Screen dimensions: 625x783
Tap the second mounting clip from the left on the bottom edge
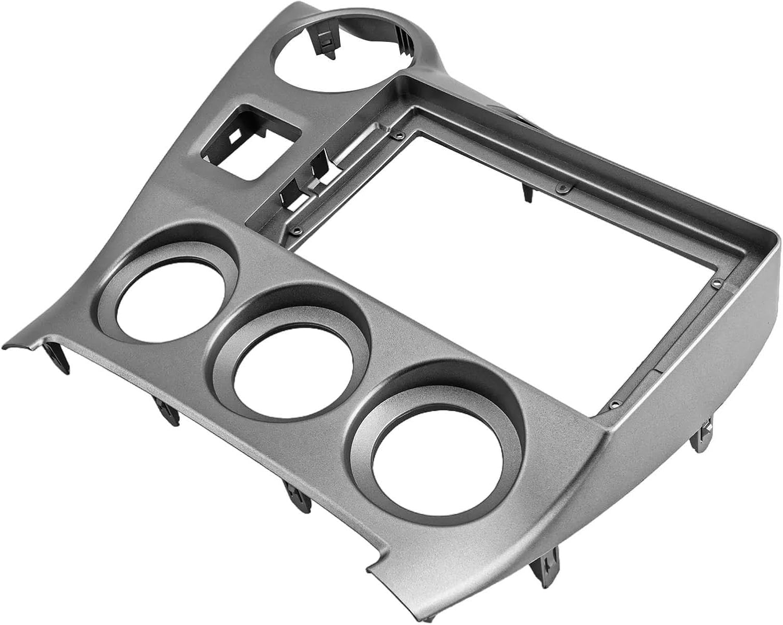[167, 410]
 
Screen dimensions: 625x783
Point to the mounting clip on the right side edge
[702, 436]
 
